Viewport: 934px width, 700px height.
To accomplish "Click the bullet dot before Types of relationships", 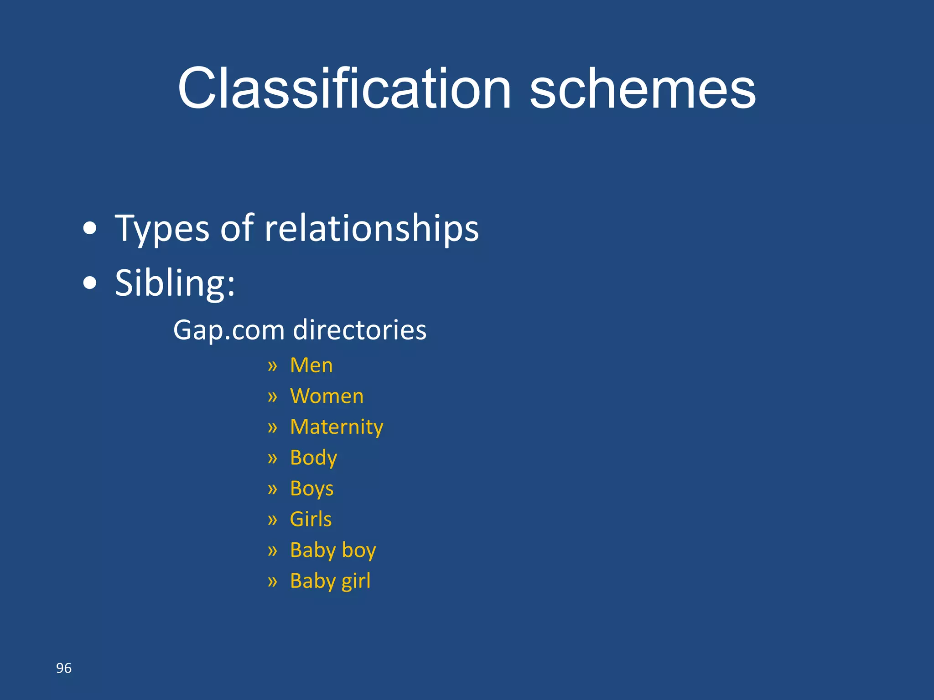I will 90,228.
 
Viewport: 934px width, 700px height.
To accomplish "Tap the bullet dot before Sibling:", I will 90,283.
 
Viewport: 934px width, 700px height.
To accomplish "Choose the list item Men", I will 311,365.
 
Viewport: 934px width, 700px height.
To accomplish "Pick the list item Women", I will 327,396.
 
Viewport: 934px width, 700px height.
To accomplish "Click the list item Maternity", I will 337,427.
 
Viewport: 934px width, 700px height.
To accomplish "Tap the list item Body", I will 313,458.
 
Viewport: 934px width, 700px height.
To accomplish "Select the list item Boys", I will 311,489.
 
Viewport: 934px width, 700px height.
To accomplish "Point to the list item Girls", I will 311,519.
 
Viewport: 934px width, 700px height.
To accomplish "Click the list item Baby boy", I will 333,550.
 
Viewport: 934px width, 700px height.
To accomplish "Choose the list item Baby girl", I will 330,581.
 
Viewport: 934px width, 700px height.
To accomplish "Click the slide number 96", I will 64,668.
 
